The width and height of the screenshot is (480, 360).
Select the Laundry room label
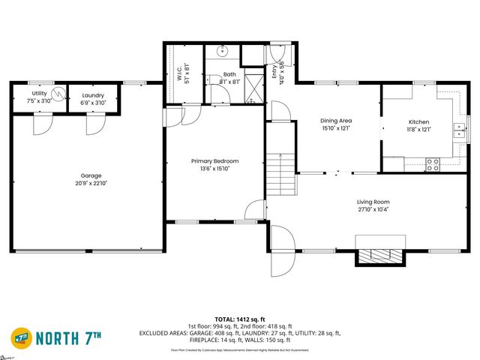point(94,95)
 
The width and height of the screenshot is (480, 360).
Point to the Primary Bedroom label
point(214,160)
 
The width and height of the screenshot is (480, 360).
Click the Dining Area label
point(336,121)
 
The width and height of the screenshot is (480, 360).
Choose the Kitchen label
point(418,121)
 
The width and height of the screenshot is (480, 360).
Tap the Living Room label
point(372,202)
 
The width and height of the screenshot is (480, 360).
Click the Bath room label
point(229,74)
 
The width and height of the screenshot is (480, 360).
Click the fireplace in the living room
point(379,256)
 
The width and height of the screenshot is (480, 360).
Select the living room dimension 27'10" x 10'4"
point(372,209)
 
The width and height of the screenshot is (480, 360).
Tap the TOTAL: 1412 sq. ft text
point(239,319)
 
